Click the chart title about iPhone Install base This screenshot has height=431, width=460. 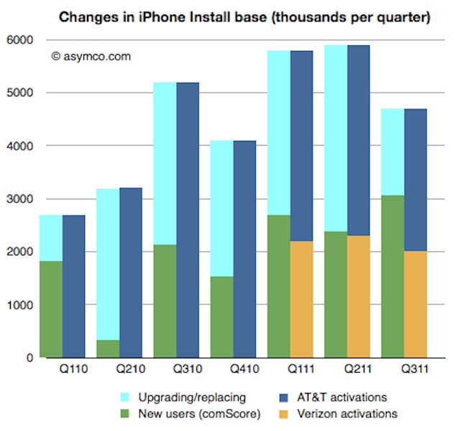click(x=244, y=15)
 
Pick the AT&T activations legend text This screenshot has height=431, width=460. click(x=347, y=398)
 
